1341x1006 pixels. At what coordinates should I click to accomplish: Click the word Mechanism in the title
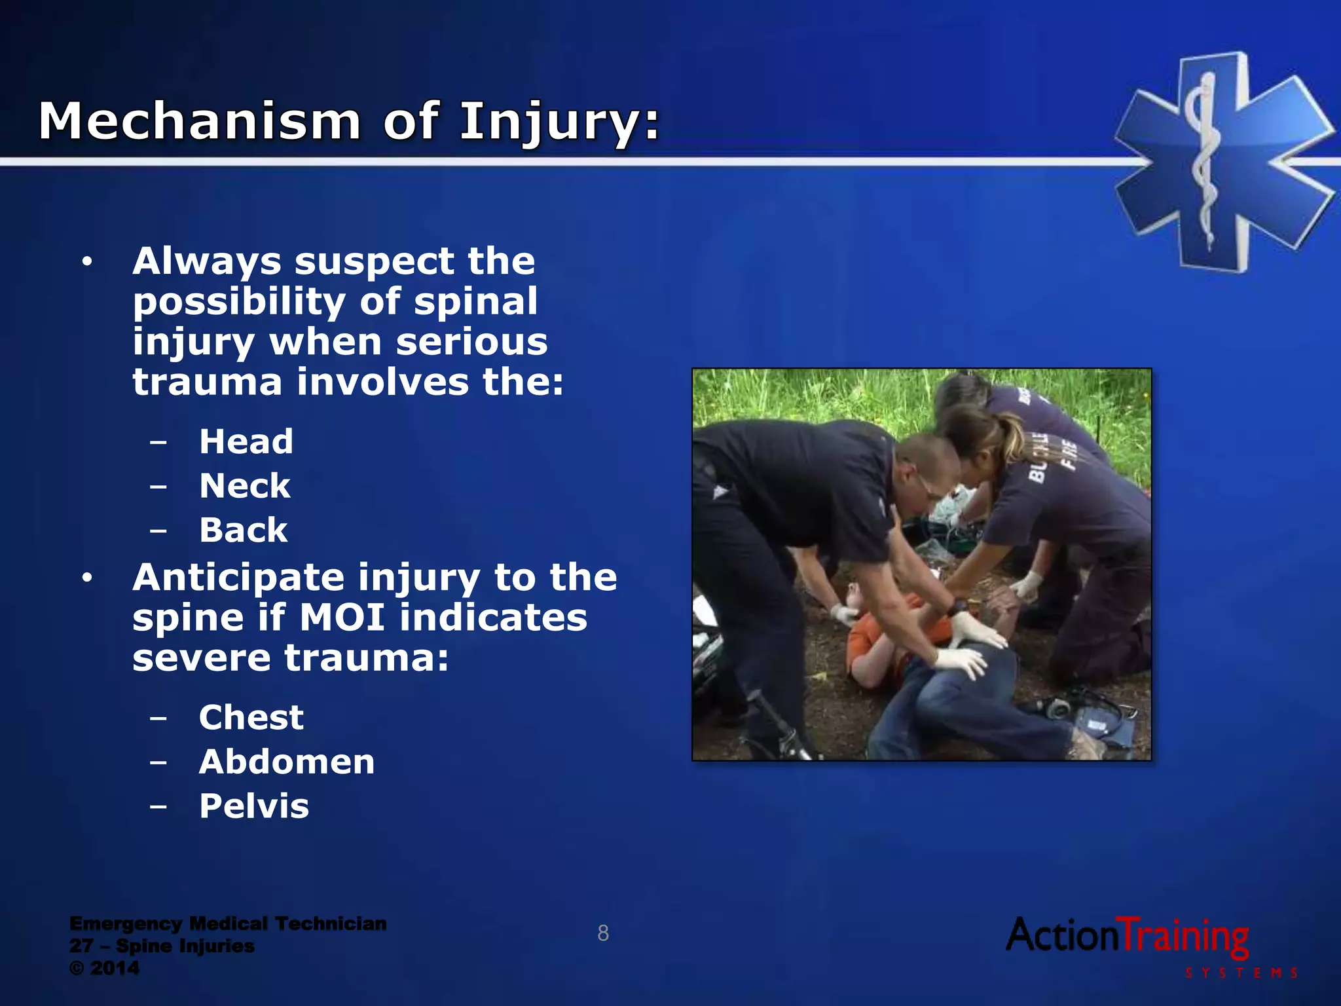pos(200,121)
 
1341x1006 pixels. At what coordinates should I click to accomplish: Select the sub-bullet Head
pos(246,441)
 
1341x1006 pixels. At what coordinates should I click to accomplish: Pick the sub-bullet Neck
pos(244,486)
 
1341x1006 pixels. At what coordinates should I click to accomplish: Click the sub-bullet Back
pos(243,530)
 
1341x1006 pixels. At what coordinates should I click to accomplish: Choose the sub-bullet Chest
pos(251,717)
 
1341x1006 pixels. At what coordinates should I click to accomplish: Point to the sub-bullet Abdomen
pos(287,762)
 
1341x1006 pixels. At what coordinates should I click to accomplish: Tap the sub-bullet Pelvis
pos(253,806)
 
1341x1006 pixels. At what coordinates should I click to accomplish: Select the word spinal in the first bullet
pos(475,302)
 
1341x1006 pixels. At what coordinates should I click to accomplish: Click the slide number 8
pos(603,933)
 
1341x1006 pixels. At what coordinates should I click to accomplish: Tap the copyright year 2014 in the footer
pos(115,968)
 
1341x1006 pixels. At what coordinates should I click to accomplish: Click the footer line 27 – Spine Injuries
pos(162,946)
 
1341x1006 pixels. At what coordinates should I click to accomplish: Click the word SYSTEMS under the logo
pos(1241,973)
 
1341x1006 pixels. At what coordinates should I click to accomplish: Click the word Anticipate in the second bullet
pos(238,578)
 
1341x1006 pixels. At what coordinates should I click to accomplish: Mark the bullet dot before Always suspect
pos(87,263)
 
